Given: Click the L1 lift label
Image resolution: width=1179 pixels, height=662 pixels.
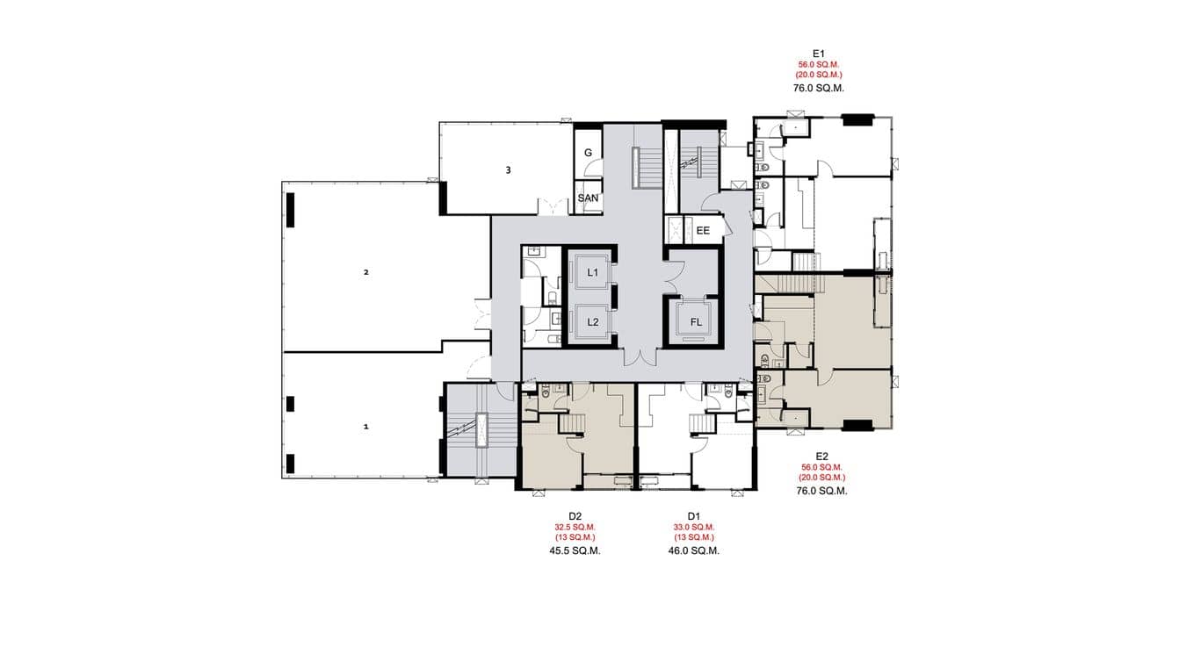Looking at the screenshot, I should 593,273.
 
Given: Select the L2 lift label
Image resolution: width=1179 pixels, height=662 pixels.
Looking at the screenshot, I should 593,322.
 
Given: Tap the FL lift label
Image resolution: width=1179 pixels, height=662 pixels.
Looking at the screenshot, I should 696,322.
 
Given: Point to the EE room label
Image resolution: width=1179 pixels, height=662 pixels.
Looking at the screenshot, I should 703,231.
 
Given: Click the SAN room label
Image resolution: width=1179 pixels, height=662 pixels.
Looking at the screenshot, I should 588,198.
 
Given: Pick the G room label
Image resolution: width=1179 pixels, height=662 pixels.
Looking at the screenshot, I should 588,153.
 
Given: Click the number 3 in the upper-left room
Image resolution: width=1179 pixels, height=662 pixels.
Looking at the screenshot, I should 508,169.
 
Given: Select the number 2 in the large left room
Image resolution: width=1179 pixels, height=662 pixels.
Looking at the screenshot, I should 366,272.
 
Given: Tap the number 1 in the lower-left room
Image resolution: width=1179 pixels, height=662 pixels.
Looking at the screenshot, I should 366,427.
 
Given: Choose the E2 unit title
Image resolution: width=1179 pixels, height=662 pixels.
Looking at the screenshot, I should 822,456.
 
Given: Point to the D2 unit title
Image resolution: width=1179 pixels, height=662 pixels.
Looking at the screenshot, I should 575,515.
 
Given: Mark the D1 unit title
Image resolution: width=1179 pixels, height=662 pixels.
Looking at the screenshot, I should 694,515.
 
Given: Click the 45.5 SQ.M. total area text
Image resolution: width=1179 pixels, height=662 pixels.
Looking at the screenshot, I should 575,550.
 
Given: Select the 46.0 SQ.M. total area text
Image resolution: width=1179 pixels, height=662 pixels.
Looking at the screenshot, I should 694,550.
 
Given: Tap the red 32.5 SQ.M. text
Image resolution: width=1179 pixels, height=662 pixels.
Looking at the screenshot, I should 575,527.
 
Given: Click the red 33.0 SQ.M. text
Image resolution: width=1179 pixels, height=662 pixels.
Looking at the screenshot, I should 694,527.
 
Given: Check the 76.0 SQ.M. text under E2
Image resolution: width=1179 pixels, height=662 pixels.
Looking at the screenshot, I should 822,491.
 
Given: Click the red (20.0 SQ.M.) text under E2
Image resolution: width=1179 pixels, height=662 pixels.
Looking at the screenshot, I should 822,478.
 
